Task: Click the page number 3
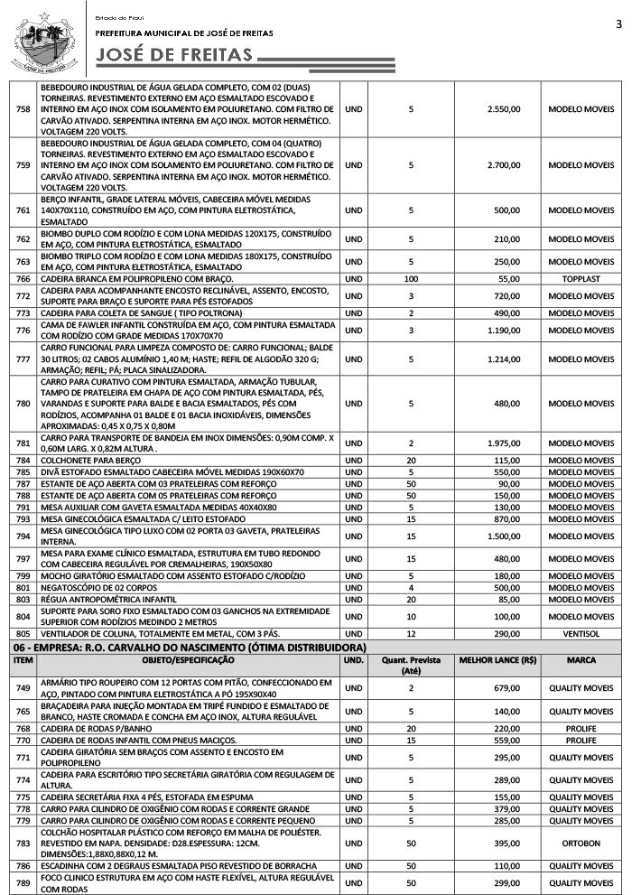coord(619,23)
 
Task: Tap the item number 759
coord(24,165)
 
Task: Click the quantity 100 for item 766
coord(411,279)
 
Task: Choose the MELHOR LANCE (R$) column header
coord(497,660)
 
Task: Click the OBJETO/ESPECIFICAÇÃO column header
coord(187,660)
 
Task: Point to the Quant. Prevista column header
coord(411,666)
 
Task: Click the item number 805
coord(24,635)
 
